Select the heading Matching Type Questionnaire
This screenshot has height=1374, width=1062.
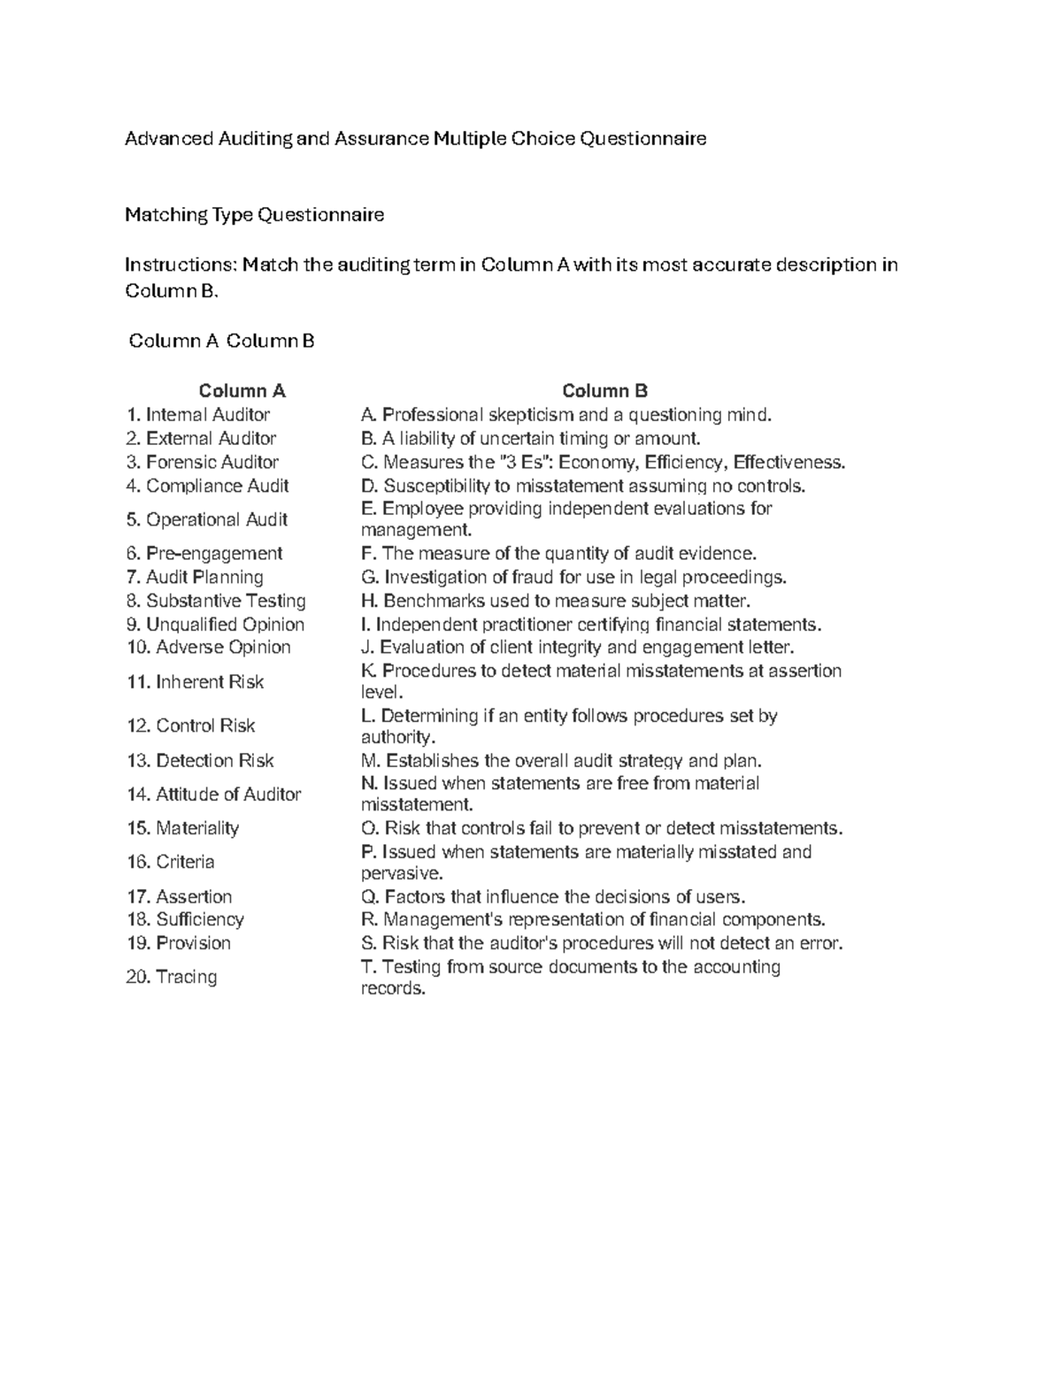click(254, 215)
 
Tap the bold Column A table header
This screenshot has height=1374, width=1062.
click(242, 391)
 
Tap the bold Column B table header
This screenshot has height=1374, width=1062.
click(604, 391)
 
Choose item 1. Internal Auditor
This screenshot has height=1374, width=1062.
click(198, 415)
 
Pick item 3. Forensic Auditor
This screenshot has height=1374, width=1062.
click(202, 463)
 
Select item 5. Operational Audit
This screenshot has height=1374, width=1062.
click(207, 520)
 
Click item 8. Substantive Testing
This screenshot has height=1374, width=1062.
click(216, 601)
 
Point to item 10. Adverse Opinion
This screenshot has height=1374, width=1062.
click(208, 648)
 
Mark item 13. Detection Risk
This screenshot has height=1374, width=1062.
click(200, 761)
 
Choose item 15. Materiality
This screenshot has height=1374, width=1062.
click(183, 829)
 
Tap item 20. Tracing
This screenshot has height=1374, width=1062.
click(172, 978)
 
